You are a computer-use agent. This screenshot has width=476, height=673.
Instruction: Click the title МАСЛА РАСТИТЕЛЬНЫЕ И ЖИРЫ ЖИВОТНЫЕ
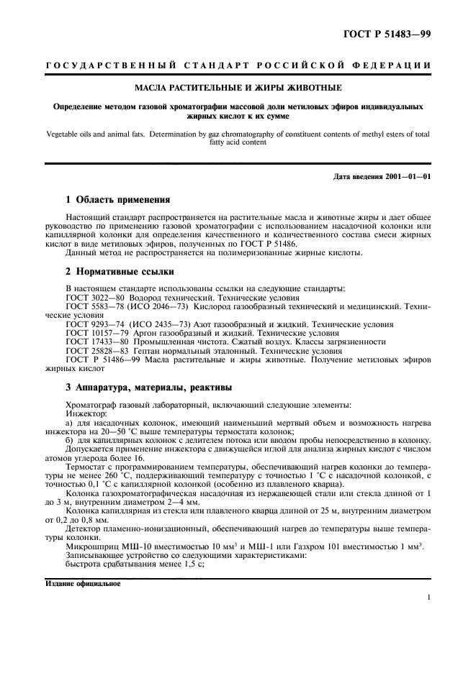(238, 88)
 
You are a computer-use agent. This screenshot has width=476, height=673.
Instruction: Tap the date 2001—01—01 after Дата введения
(405, 177)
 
